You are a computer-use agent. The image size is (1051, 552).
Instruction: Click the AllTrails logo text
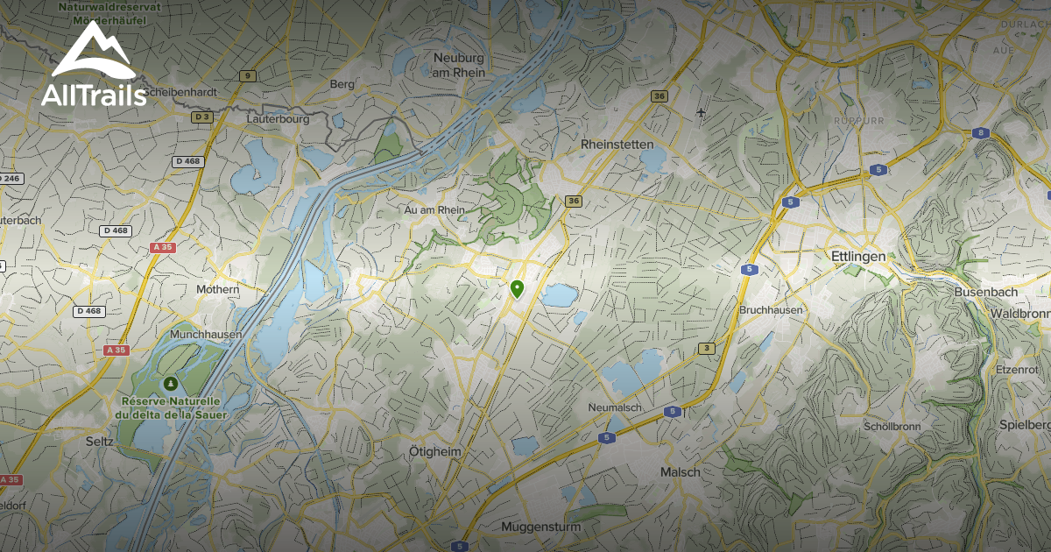point(94,95)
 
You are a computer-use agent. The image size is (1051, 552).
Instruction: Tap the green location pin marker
point(517,288)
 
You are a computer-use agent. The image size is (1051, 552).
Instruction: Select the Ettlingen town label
point(857,256)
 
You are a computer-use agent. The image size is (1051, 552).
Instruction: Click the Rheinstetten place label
point(617,144)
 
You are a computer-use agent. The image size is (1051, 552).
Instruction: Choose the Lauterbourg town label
point(278,117)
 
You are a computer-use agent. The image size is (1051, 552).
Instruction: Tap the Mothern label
point(217,289)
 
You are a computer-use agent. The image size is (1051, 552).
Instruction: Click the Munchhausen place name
point(207,335)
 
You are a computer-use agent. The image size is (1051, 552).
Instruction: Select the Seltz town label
point(100,442)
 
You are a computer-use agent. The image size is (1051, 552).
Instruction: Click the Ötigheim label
point(435,450)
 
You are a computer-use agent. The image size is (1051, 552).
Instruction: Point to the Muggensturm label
point(535,527)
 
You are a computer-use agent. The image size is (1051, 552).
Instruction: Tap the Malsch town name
point(680,471)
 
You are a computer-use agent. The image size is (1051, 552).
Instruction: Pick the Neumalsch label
point(615,408)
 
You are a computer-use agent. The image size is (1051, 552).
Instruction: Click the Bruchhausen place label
point(771,310)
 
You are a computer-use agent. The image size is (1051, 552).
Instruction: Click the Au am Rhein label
point(434,210)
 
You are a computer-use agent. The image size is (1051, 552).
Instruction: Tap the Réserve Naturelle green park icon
point(170,384)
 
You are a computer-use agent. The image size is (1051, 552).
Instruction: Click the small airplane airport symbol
point(701,113)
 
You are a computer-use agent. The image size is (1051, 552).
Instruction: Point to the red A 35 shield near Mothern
point(164,248)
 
